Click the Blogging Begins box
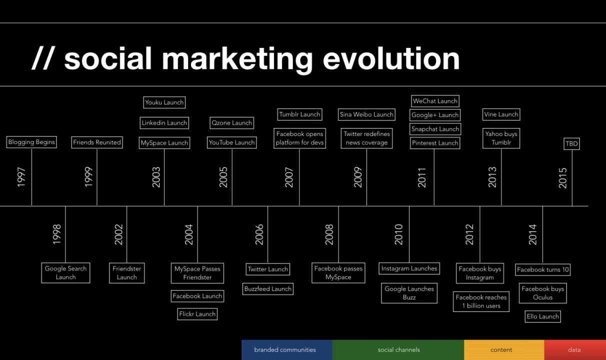(x=31, y=142)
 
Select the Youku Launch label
(x=164, y=102)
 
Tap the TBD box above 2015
(x=571, y=143)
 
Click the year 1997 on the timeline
(x=21, y=177)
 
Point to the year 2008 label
(x=329, y=234)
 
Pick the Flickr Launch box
(x=197, y=314)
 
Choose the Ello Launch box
(x=542, y=316)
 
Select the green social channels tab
(x=398, y=350)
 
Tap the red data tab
(x=574, y=350)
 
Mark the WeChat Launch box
(x=435, y=101)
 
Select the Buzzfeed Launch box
(x=268, y=289)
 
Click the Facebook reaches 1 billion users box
(x=481, y=301)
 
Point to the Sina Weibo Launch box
(x=366, y=114)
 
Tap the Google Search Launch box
(x=65, y=272)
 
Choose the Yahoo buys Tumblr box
(x=501, y=138)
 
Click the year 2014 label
(x=532, y=234)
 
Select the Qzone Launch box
(x=231, y=123)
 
